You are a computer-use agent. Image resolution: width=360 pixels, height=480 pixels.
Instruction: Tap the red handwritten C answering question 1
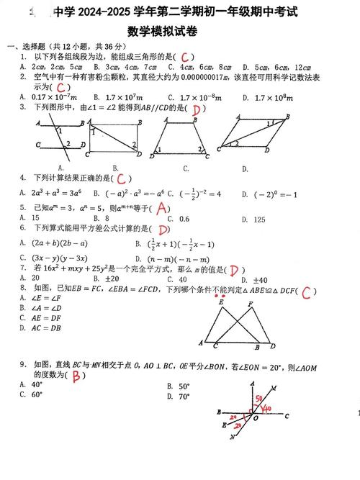point(186,57)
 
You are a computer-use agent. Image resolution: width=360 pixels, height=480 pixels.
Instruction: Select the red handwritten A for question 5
point(163,208)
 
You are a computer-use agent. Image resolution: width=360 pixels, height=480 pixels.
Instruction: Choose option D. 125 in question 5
point(256,219)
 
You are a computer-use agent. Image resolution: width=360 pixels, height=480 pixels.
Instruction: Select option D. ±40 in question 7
point(256,280)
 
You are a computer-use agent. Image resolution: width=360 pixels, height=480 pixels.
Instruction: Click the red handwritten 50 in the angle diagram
point(256,398)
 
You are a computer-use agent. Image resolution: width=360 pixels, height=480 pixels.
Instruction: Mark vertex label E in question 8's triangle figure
point(220,304)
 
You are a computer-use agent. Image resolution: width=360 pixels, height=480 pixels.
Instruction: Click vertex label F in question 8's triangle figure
point(250,304)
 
